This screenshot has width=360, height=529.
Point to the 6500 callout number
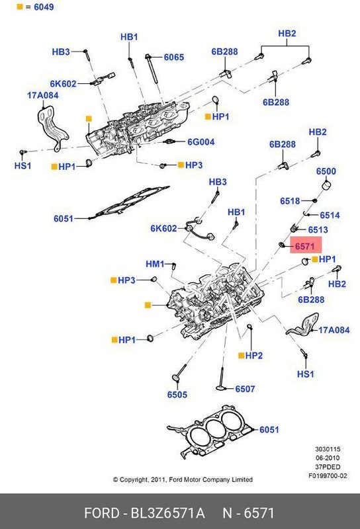tap(326, 172)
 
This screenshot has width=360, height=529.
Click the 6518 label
tap(290, 201)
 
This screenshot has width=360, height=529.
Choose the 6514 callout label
tap(329, 216)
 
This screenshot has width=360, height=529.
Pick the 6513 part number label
tap(318, 229)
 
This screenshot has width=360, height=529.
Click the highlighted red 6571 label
tap(304, 245)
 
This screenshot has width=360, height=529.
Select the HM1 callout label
tap(155, 264)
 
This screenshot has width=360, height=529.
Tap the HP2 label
tap(253, 356)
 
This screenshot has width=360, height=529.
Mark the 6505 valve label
tap(177, 395)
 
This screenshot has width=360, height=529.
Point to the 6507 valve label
tap(245, 389)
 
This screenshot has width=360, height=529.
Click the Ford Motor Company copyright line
tap(182, 479)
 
